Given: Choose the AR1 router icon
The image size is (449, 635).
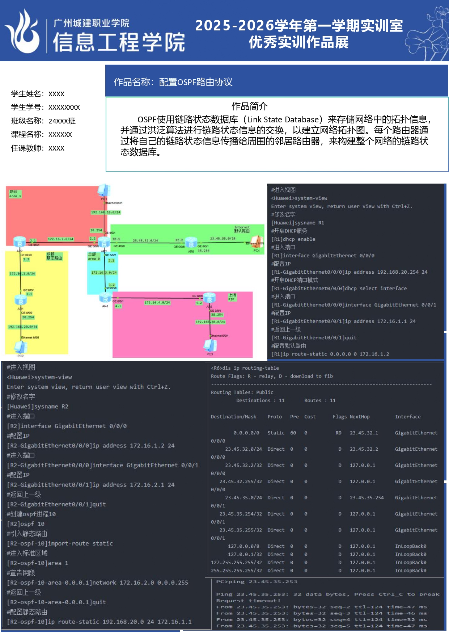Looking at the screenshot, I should click(x=21, y=300).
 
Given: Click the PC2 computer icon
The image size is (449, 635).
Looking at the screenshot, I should click(x=21, y=347).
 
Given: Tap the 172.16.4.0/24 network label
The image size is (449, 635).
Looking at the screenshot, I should click(x=157, y=303).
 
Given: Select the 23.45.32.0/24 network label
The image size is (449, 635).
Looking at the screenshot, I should click(x=145, y=240).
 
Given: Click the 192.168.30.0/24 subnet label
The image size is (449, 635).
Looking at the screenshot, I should click(x=210, y=322).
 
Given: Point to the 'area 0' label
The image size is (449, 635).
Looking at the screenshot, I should click(x=94, y=258).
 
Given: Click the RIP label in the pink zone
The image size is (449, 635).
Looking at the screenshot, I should click(x=231, y=299).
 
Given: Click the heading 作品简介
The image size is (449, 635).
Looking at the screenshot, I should click(x=249, y=106).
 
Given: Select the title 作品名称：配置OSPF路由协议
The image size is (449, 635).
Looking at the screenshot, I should click(x=173, y=82).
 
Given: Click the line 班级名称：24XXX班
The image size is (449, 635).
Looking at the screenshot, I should click(x=43, y=121).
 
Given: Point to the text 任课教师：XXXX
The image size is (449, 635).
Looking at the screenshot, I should click(x=38, y=148).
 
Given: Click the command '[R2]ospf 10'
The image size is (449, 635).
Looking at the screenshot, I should click(x=25, y=524).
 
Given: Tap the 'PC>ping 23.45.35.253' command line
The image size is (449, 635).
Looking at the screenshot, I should click(x=257, y=582).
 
